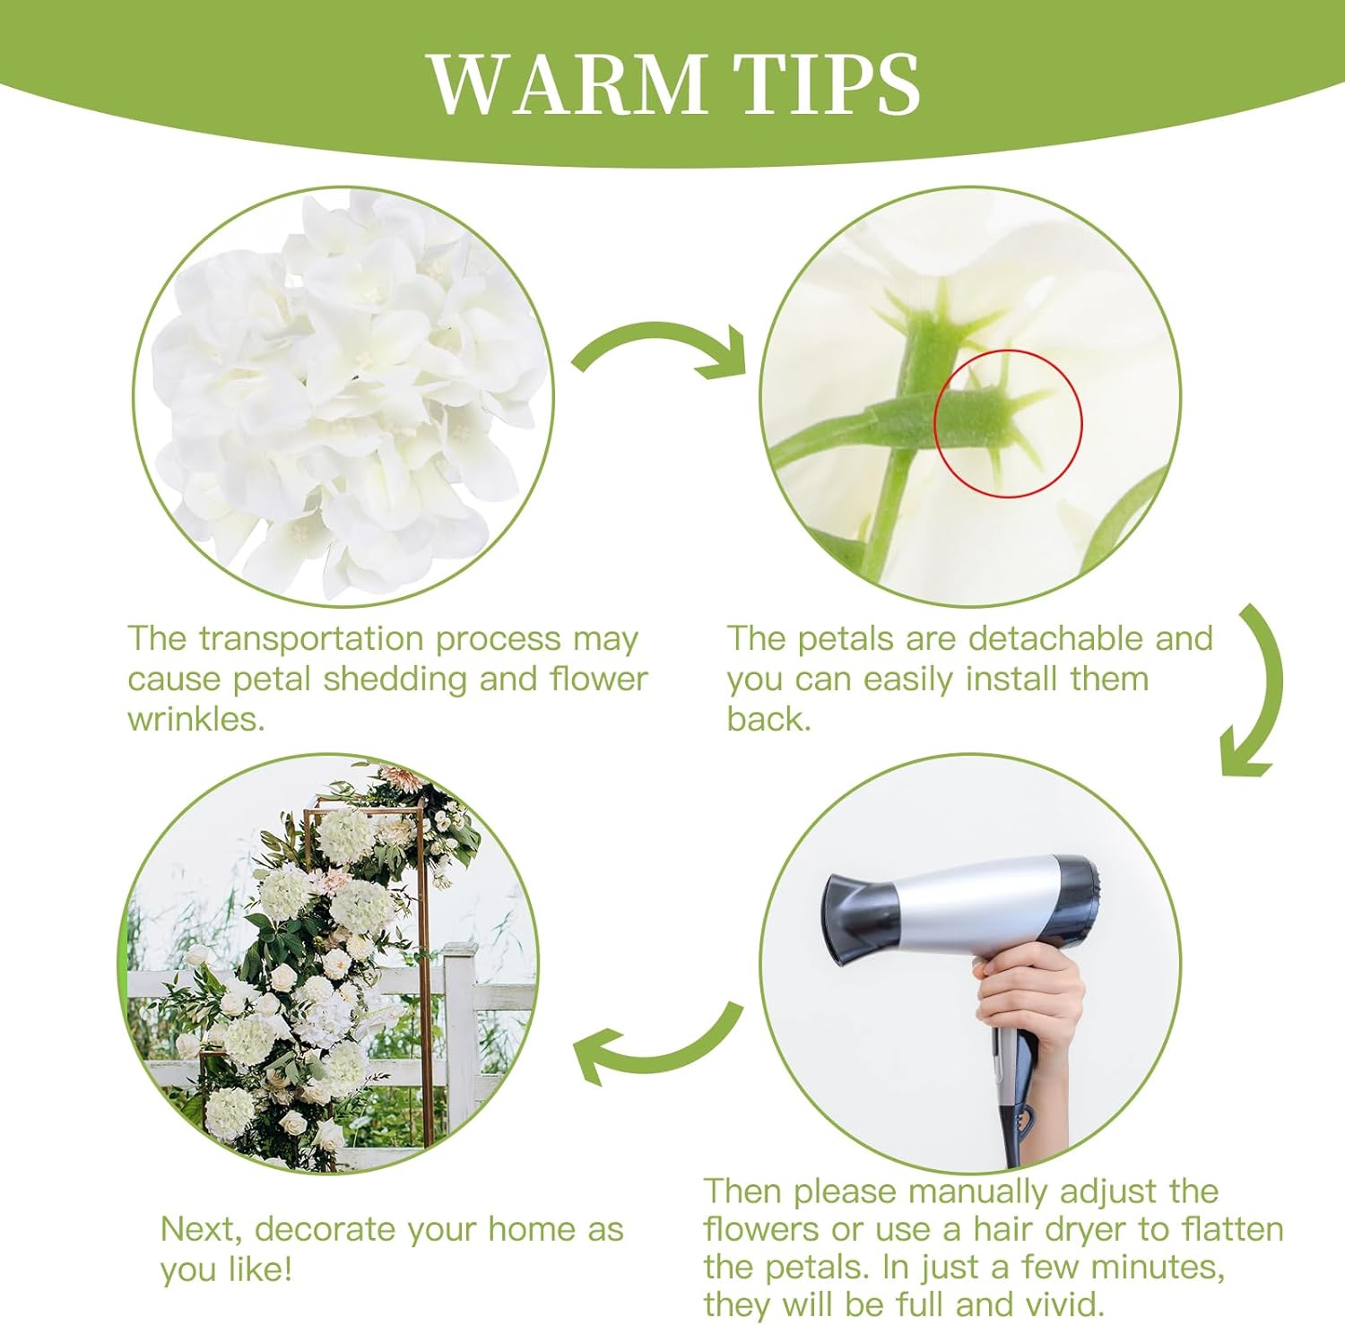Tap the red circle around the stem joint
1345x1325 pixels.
(x=1008, y=422)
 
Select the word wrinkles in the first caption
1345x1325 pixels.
(x=195, y=719)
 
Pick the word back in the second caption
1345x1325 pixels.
(x=768, y=719)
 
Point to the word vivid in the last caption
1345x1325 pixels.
(x=1059, y=1304)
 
